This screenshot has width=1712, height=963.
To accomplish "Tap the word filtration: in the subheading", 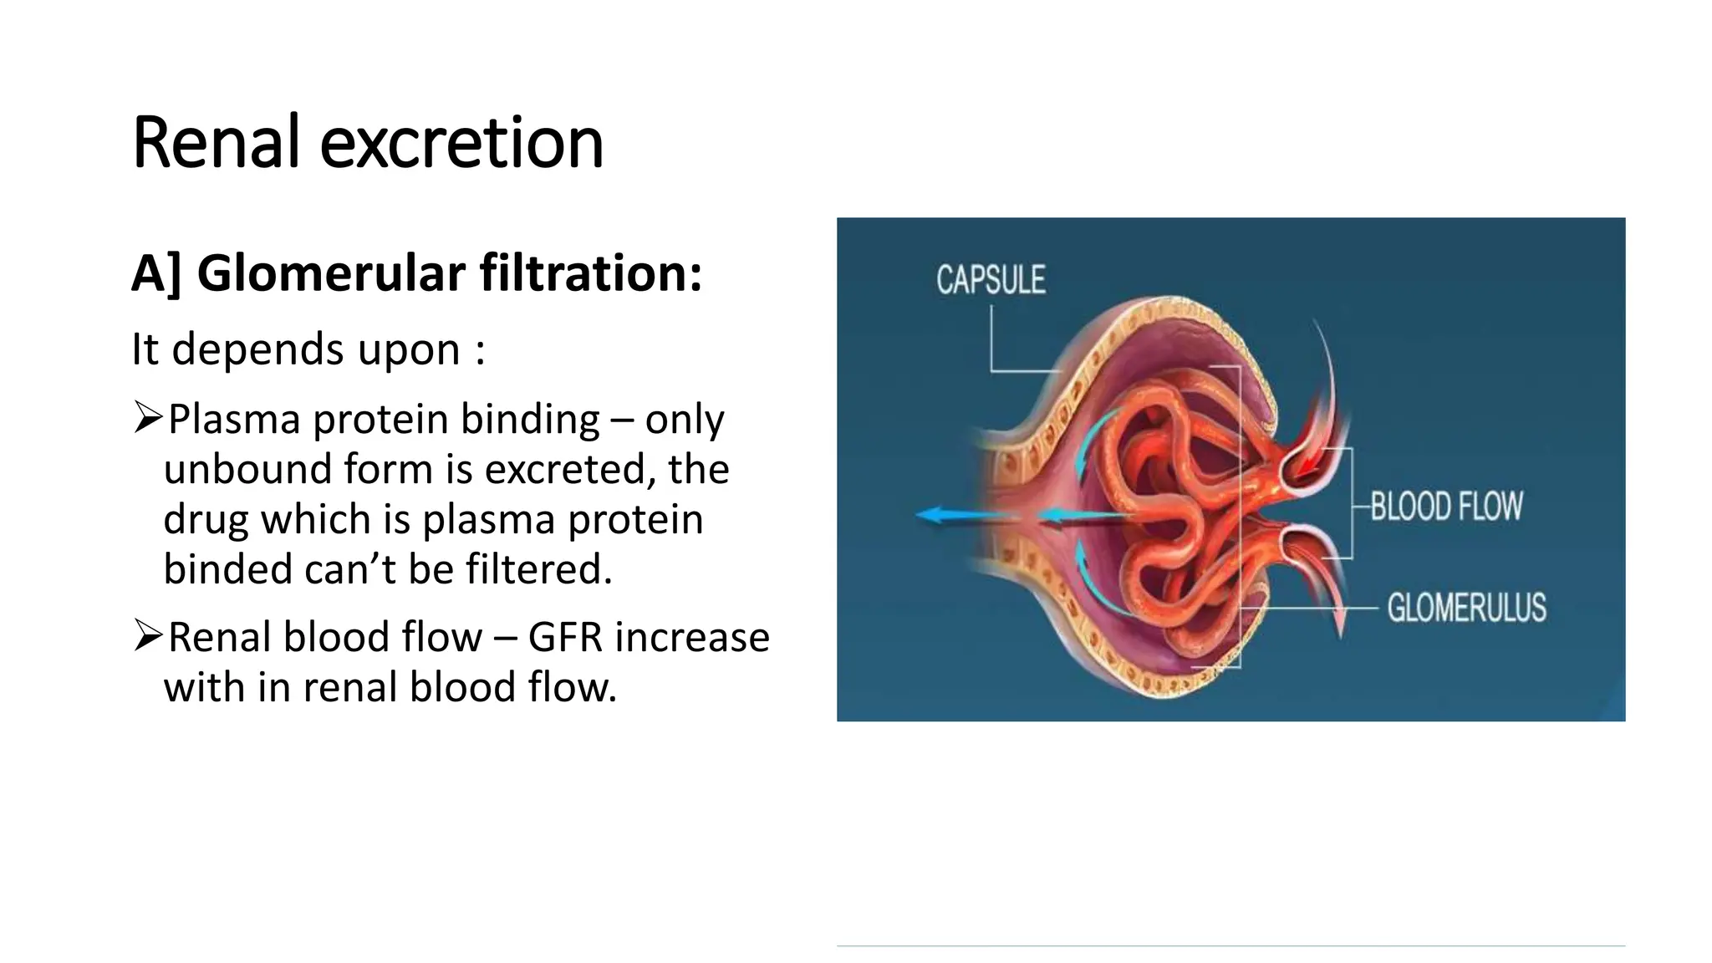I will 590,273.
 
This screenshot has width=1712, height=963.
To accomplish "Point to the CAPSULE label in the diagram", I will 991,280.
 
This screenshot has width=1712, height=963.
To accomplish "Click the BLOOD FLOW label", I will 1446,507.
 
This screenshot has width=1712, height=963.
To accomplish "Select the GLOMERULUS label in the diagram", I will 1466,608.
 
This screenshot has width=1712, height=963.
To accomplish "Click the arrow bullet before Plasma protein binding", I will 147,417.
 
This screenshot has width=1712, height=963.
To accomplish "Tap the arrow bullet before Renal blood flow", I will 147,636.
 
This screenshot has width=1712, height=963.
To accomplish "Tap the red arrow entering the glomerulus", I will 1306,464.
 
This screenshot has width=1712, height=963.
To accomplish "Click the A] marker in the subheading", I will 156,273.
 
